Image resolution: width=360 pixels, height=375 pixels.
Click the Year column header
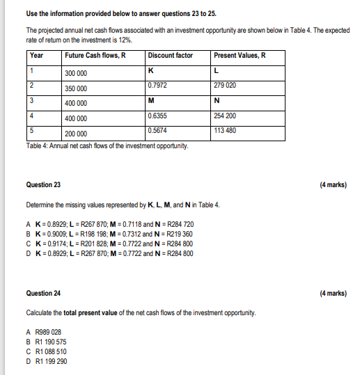point(37,56)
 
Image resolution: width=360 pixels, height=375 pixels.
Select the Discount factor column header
point(171,56)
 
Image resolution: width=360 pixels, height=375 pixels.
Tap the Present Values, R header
point(240,56)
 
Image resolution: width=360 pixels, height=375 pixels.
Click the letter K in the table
point(151,70)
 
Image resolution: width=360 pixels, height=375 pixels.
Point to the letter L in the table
point(217,70)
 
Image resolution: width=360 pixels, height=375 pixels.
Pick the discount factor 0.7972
point(158,85)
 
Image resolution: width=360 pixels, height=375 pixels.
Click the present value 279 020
point(227,85)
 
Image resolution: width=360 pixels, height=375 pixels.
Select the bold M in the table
point(152,100)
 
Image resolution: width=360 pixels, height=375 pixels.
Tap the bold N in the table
point(218,100)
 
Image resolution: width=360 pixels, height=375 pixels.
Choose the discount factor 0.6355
point(158,115)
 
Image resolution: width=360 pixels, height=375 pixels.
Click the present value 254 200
point(227,115)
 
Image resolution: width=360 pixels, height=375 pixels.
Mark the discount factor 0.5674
point(158,130)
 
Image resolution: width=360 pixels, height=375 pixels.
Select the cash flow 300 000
point(76,73)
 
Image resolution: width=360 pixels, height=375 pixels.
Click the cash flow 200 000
point(76,134)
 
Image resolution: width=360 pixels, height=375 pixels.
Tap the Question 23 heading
point(43,185)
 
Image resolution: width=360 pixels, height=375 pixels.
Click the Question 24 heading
point(43,294)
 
